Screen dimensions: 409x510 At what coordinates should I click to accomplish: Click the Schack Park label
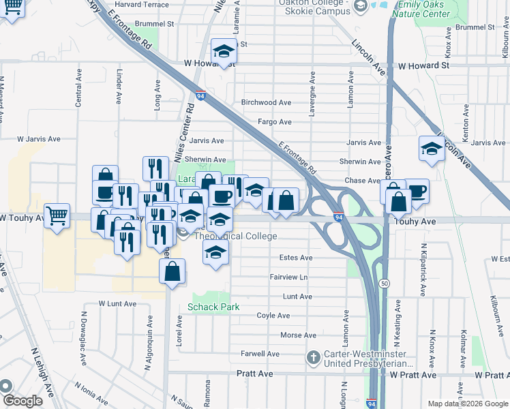point(213,307)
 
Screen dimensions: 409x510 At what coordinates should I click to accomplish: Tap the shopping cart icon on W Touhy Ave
point(57,215)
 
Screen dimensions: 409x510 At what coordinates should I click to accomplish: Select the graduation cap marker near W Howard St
point(223,51)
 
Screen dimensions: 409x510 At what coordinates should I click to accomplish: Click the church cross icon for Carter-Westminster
point(313,357)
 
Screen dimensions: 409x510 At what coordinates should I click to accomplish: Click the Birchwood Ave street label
point(266,102)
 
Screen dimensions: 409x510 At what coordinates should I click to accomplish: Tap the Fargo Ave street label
point(274,122)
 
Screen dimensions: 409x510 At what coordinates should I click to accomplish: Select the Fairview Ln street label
point(288,277)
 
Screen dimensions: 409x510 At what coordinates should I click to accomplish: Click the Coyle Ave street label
point(273,316)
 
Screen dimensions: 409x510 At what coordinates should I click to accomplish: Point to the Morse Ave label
point(299,335)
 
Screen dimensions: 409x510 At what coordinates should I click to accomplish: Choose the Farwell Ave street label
point(260,354)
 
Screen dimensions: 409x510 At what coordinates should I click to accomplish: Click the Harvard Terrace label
point(142,5)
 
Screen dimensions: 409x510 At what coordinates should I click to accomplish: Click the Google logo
point(22,401)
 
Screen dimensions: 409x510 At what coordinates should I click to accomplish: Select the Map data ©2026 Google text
point(467,404)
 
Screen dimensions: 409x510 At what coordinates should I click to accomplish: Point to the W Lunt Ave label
point(114,303)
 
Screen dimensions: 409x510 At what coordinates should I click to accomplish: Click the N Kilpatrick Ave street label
point(423,269)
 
